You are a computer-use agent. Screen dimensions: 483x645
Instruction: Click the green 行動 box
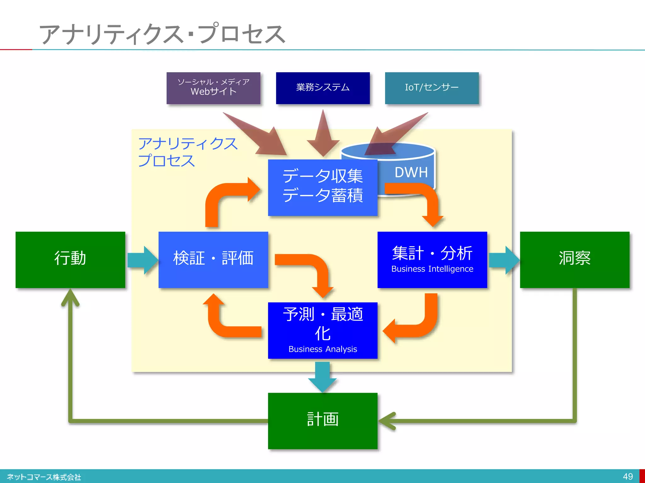[x=70, y=260]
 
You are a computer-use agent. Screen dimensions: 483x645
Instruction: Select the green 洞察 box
[x=574, y=260]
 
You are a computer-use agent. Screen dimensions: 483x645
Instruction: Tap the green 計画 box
[x=322, y=420]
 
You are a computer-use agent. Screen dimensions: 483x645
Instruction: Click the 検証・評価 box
[x=213, y=260]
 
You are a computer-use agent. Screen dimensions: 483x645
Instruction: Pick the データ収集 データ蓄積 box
[x=322, y=187]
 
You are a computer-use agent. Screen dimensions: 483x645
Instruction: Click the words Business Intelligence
[x=432, y=269]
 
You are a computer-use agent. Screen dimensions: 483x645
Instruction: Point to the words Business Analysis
[x=322, y=349]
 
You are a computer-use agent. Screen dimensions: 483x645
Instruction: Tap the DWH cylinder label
[x=411, y=172]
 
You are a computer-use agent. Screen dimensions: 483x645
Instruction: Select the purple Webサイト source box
[x=213, y=88]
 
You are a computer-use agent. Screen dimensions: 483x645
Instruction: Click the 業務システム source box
[x=322, y=88]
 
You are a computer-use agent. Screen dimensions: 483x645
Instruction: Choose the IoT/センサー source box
[x=432, y=88]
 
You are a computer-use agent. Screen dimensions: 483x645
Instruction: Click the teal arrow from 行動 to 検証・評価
[x=142, y=260]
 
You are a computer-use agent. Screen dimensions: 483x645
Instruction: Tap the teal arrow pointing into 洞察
[x=503, y=260]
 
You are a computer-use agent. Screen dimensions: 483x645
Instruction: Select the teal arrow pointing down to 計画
[x=322, y=377]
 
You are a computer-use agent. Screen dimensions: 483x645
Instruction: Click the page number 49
[x=628, y=476]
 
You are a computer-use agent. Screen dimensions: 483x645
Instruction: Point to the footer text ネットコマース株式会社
[x=44, y=477]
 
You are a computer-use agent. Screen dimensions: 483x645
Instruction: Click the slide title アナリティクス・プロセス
[x=162, y=34]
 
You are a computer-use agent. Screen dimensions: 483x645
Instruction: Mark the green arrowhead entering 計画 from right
[x=387, y=421]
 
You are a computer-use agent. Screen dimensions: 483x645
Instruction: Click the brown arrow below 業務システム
[x=323, y=135]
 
